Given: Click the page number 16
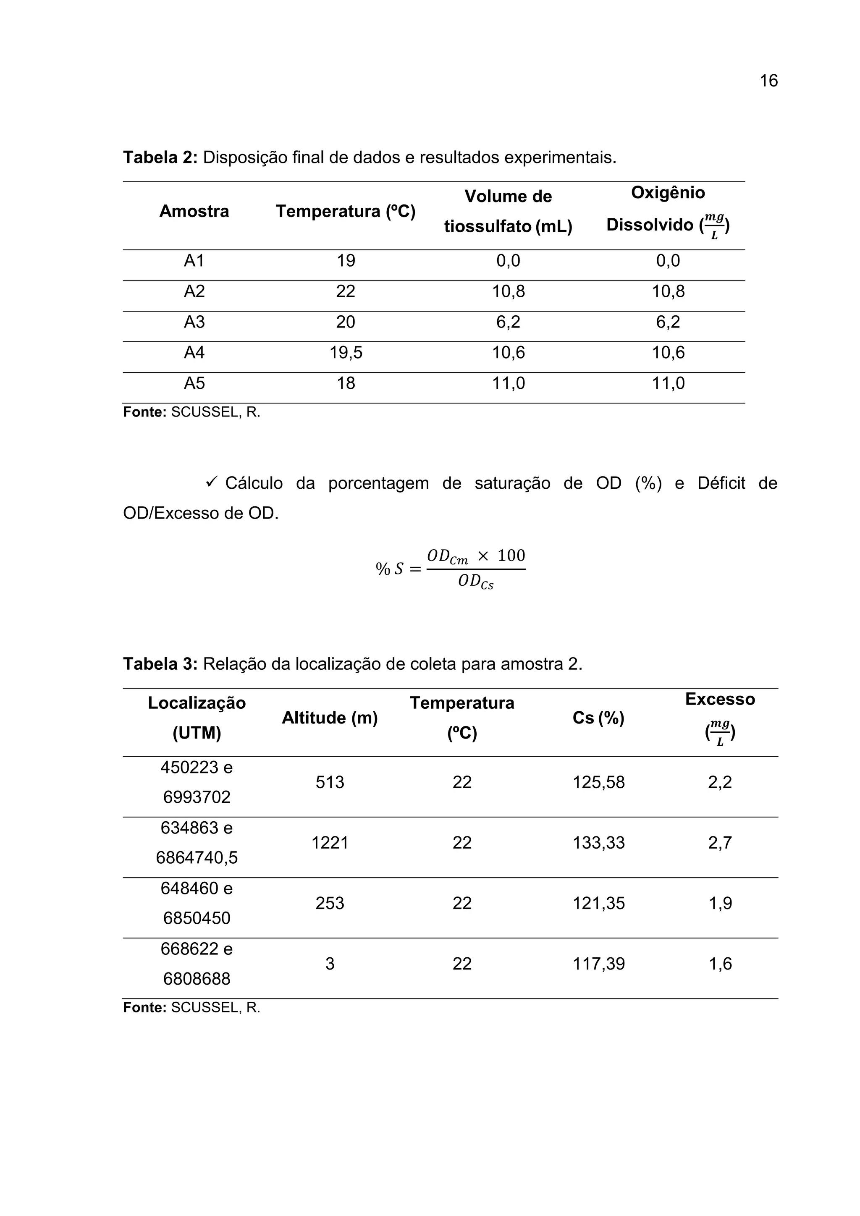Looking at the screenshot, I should click(x=768, y=81).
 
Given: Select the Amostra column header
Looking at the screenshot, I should click(x=194, y=211).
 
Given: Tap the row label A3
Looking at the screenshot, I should click(x=194, y=322).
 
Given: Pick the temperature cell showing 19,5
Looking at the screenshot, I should click(x=346, y=353).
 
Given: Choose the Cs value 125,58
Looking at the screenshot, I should click(x=598, y=782).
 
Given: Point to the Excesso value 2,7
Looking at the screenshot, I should click(x=720, y=843).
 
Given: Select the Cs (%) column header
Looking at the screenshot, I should click(x=598, y=718).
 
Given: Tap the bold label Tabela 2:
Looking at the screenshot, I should click(x=160, y=157).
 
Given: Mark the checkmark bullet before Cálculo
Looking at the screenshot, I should click(x=212, y=482).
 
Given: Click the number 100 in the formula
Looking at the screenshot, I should click(x=511, y=556).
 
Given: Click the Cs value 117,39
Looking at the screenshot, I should click(x=598, y=964).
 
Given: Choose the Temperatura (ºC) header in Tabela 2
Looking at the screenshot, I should click(x=345, y=211).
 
